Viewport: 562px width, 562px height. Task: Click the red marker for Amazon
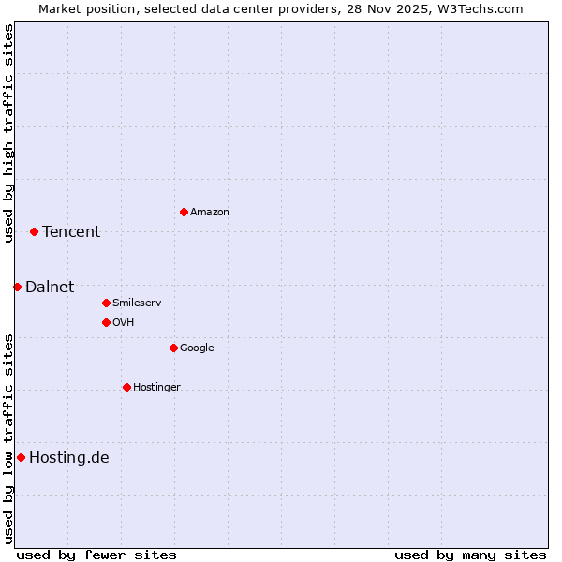pos(184,212)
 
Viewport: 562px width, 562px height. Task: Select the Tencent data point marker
pos(34,231)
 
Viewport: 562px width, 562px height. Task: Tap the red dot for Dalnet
pos(17,287)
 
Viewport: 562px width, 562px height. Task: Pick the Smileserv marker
pos(106,303)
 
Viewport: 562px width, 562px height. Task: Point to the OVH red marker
pos(106,322)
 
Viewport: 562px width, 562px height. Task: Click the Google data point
pos(173,348)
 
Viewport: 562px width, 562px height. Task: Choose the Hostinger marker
pos(126,387)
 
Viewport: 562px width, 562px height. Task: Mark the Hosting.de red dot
pos(21,457)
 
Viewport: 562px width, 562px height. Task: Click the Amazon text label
pos(210,213)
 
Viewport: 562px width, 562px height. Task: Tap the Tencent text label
pos(71,232)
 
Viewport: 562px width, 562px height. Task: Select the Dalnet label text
pos(50,288)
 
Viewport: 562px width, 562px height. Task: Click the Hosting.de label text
pos(69,458)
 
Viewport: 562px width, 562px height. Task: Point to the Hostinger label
pos(156,388)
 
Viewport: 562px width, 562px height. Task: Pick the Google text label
pos(197,348)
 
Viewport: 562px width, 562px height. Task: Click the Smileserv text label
pos(137,303)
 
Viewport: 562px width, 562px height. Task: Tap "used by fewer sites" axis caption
pos(96,555)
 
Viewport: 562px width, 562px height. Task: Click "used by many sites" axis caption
pos(470,555)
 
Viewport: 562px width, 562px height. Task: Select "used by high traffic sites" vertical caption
pos(8,133)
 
